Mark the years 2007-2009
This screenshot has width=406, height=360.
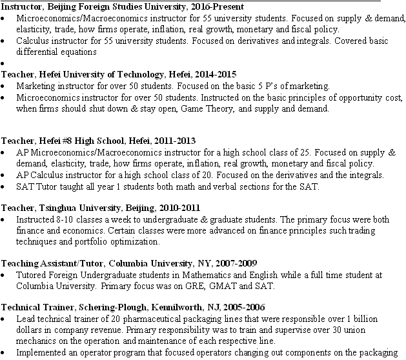click(x=236, y=263)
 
